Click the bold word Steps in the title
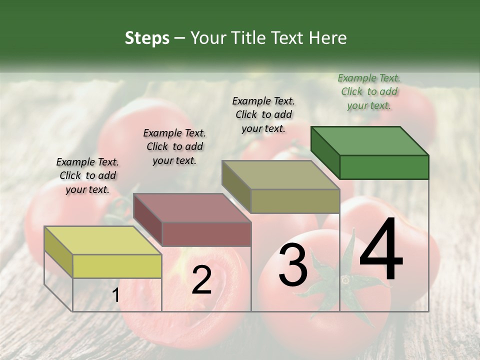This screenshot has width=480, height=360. click(x=147, y=38)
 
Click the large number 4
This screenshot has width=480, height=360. click(x=381, y=250)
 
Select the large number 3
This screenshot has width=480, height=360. click(x=293, y=265)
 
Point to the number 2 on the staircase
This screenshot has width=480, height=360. click(x=201, y=280)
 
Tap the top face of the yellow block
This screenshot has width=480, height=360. click(x=103, y=240)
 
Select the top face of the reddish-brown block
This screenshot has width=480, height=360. click(x=192, y=207)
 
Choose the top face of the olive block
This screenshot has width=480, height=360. click(x=280, y=175)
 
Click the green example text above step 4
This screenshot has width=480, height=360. click(x=369, y=92)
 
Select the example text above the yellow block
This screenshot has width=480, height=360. click(x=87, y=175)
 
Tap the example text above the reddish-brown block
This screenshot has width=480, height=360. click(x=174, y=146)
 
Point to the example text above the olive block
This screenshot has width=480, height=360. click(x=263, y=114)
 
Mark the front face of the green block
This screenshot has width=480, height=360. click(x=384, y=167)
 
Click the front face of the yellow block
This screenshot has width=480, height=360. click(x=117, y=266)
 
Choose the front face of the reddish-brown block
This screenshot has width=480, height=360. click(x=206, y=234)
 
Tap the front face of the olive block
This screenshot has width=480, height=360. click(x=295, y=201)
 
